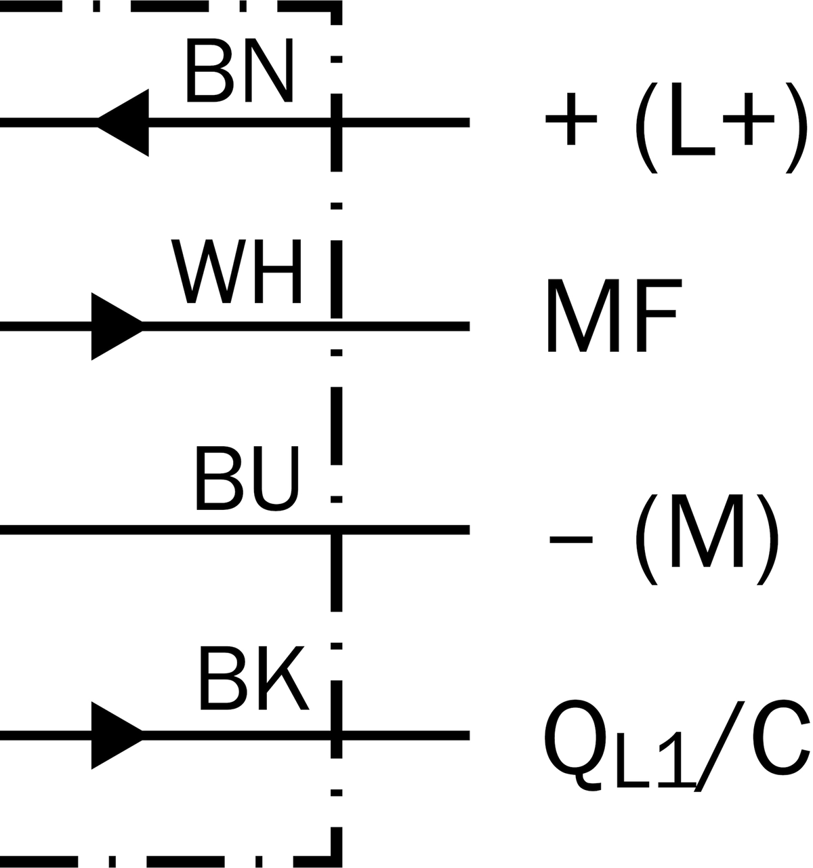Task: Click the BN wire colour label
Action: [239, 70]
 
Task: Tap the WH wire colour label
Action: [236, 271]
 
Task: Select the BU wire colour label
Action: [247, 478]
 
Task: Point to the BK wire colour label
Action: [254, 678]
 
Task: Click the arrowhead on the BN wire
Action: [123, 122]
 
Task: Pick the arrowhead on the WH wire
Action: [117, 326]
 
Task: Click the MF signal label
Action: [614, 315]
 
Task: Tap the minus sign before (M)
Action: [571, 539]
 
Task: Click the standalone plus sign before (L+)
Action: [571, 119]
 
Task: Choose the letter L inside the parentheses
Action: [693, 119]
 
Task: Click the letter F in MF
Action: [660, 315]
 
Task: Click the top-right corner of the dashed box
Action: [337, 6]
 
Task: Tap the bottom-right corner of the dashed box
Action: [337, 861]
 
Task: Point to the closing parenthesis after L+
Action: [796, 128]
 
